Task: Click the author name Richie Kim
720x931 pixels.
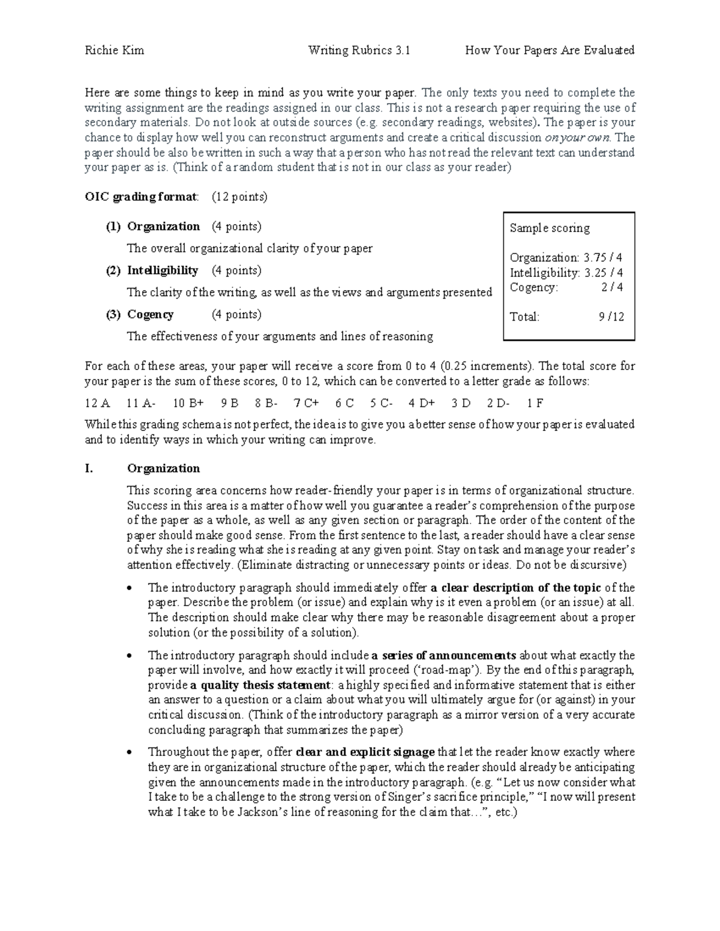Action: pos(114,50)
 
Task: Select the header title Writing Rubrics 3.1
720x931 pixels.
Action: pos(359,50)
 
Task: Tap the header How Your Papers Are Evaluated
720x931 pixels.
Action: pos(550,50)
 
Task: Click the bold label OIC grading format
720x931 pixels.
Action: pos(141,197)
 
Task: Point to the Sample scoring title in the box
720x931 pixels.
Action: pos(550,228)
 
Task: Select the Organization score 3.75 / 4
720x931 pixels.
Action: pos(603,258)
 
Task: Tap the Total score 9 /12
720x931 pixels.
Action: pos(611,317)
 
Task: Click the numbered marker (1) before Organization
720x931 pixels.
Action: pos(113,227)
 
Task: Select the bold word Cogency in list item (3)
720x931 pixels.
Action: pos(151,315)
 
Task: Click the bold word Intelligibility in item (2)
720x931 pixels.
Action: pos(163,270)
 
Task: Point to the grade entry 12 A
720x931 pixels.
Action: pos(97,403)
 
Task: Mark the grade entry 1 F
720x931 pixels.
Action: pos(535,403)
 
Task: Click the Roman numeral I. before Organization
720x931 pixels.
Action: pos(89,468)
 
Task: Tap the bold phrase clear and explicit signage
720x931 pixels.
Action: pos(365,752)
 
